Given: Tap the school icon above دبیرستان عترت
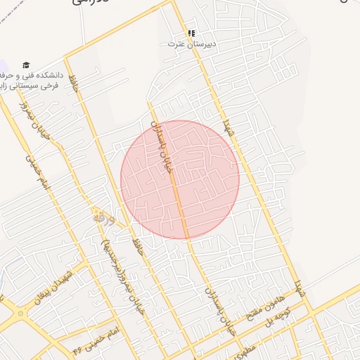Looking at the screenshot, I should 191,33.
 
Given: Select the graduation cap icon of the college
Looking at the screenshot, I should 27,65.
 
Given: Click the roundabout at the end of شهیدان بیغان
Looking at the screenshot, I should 15,316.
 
